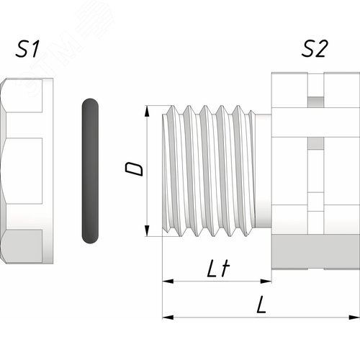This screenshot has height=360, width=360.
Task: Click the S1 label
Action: click(27, 49)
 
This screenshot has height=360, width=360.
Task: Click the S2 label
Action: click(315, 49)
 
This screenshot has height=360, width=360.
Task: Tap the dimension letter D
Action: click(134, 169)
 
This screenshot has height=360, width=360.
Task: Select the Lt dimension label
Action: click(218, 269)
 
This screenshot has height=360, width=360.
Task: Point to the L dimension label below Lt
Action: click(261, 305)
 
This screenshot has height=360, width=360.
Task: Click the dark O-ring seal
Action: click(90, 171)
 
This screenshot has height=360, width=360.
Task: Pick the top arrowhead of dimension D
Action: click(147, 111)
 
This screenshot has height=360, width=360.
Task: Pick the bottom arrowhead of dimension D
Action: click(147, 230)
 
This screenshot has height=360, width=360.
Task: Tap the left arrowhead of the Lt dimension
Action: click(168, 281)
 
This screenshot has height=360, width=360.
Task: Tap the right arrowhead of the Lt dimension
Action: click(266, 281)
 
